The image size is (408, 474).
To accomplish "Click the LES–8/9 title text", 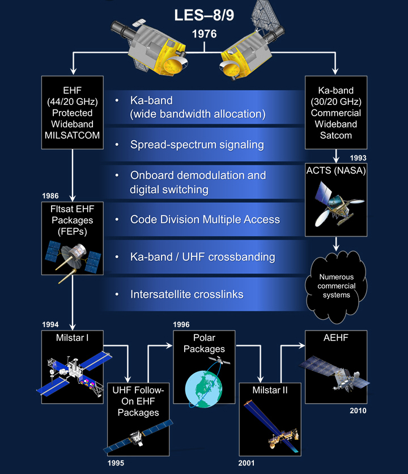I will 203,15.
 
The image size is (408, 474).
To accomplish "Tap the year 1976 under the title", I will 203,34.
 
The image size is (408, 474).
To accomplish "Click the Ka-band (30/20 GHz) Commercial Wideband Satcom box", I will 336,112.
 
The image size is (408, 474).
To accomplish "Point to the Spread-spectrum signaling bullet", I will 197,145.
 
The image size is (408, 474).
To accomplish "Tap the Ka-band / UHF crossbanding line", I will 202,257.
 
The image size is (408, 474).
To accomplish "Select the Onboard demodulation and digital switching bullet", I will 198,182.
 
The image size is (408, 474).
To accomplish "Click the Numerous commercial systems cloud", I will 335,283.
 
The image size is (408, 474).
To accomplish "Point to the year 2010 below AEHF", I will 358,410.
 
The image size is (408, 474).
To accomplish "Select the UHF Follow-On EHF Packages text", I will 138,401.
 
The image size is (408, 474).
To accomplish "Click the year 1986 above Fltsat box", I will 50,196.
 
